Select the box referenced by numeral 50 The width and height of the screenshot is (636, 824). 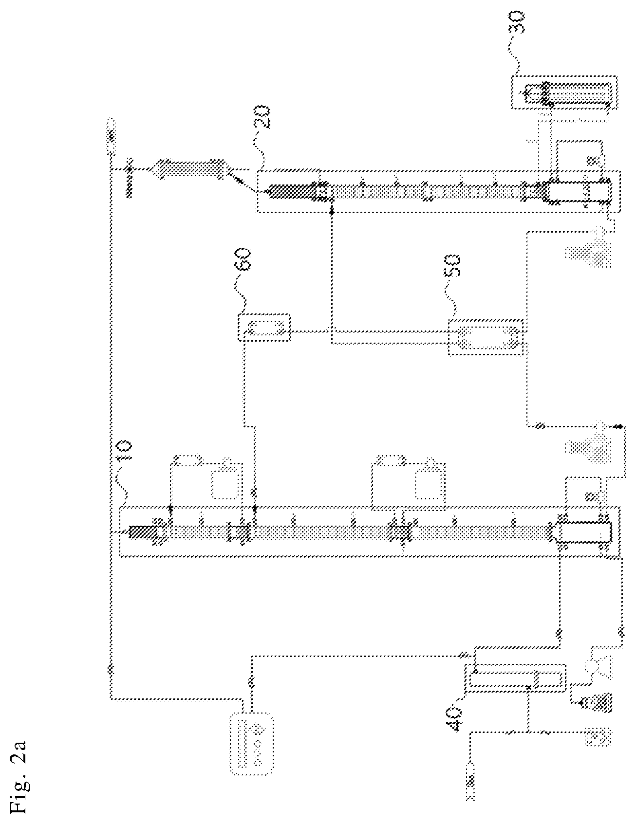click(x=485, y=337)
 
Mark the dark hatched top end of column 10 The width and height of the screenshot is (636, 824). click(x=143, y=532)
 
